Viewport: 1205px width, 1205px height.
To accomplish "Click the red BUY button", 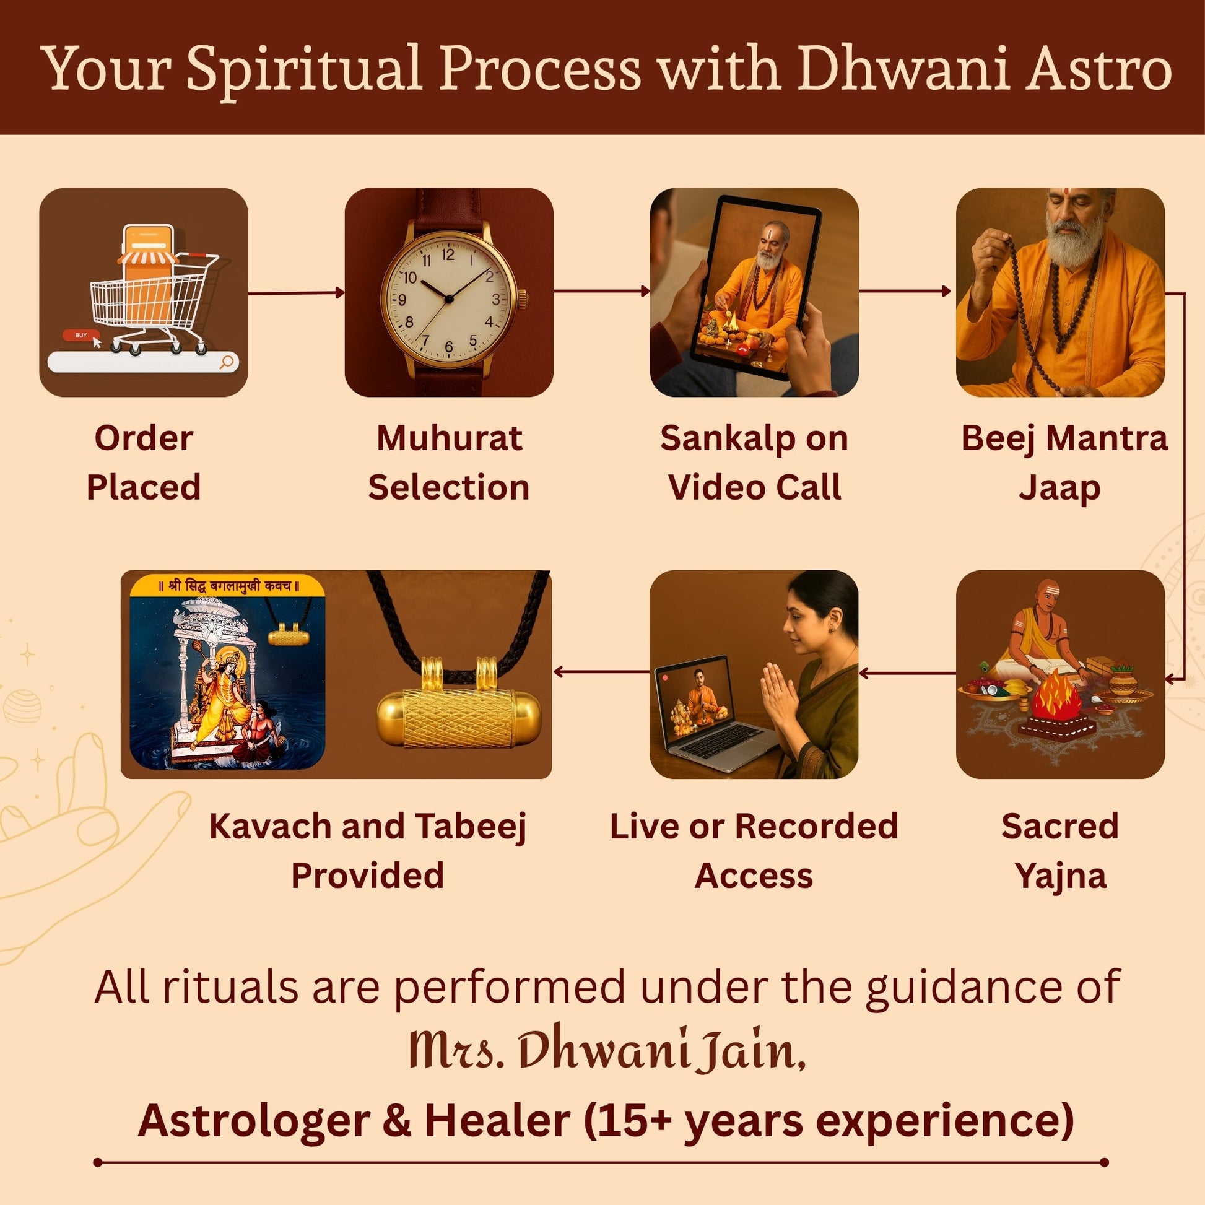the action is (80, 336).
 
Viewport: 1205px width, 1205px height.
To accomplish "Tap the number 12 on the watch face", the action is (448, 254).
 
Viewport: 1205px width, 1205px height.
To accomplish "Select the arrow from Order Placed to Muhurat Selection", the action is (296, 292).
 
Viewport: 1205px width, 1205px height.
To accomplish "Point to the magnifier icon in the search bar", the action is (227, 361).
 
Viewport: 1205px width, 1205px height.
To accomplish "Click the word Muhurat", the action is (449, 438).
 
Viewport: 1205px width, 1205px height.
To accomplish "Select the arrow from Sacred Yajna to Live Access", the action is (908, 673).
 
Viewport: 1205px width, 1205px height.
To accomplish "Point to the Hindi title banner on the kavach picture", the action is (228, 585).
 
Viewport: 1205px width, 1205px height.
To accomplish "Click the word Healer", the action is (497, 1121).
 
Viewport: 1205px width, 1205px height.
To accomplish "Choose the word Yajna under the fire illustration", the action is (1060, 876).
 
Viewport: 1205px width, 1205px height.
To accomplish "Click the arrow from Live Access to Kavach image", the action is (601, 672).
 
